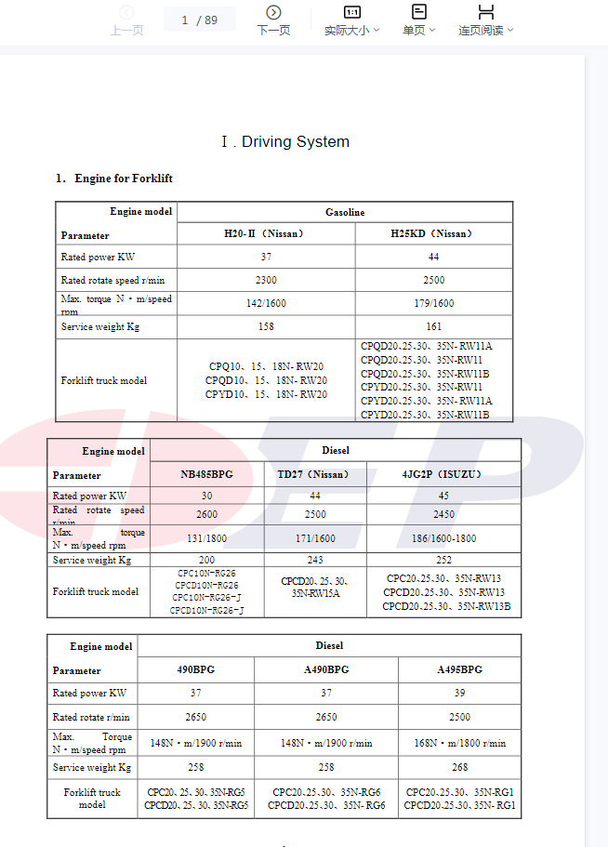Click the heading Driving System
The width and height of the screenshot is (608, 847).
click(285, 142)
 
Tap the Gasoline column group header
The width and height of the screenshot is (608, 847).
click(345, 213)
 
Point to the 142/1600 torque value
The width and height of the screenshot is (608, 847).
click(266, 303)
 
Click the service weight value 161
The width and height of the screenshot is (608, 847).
click(433, 327)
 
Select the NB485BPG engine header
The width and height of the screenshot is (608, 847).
click(206, 474)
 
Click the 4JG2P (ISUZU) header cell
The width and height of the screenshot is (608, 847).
click(443, 474)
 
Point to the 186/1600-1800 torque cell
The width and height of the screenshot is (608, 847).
click(443, 538)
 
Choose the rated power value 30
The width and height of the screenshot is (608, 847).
click(206, 496)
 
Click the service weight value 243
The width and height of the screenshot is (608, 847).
click(314, 561)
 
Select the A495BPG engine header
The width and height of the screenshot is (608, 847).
click(459, 669)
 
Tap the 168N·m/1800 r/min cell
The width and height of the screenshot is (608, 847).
click(459, 743)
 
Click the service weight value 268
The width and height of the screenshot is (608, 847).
click(459, 768)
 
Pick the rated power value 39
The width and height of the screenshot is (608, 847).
click(459, 694)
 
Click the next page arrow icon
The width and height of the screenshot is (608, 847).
click(273, 12)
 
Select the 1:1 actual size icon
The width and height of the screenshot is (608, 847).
click(352, 12)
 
